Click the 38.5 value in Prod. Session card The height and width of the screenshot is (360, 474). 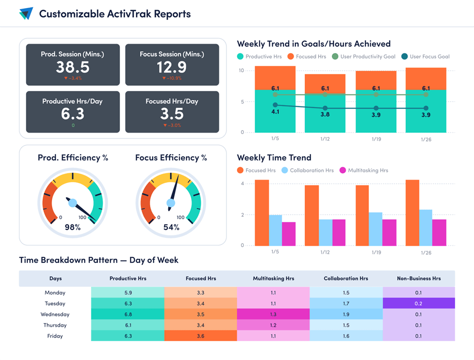73,67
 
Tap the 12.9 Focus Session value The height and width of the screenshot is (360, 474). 172,67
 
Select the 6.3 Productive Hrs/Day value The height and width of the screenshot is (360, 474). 73,114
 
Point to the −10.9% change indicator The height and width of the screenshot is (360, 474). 172,78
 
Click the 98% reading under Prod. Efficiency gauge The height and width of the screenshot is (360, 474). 73,227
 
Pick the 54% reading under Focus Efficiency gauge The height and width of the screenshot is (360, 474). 171,227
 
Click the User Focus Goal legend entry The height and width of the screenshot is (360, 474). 425,56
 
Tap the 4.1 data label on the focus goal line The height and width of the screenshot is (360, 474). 275,112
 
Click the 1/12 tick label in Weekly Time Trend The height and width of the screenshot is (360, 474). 325,252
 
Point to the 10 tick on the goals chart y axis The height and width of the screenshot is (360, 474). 241,71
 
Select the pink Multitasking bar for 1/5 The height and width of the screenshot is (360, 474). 289,234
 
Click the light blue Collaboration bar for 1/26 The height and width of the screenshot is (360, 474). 426,227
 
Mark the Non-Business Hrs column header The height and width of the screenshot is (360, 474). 419,279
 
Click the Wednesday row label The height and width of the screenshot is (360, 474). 55,315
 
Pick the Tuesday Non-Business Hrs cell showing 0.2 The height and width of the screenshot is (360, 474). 419,304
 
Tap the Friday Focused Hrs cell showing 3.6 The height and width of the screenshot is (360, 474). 201,336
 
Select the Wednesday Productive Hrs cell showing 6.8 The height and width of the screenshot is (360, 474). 128,315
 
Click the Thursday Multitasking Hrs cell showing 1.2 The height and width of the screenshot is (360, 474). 273,325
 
